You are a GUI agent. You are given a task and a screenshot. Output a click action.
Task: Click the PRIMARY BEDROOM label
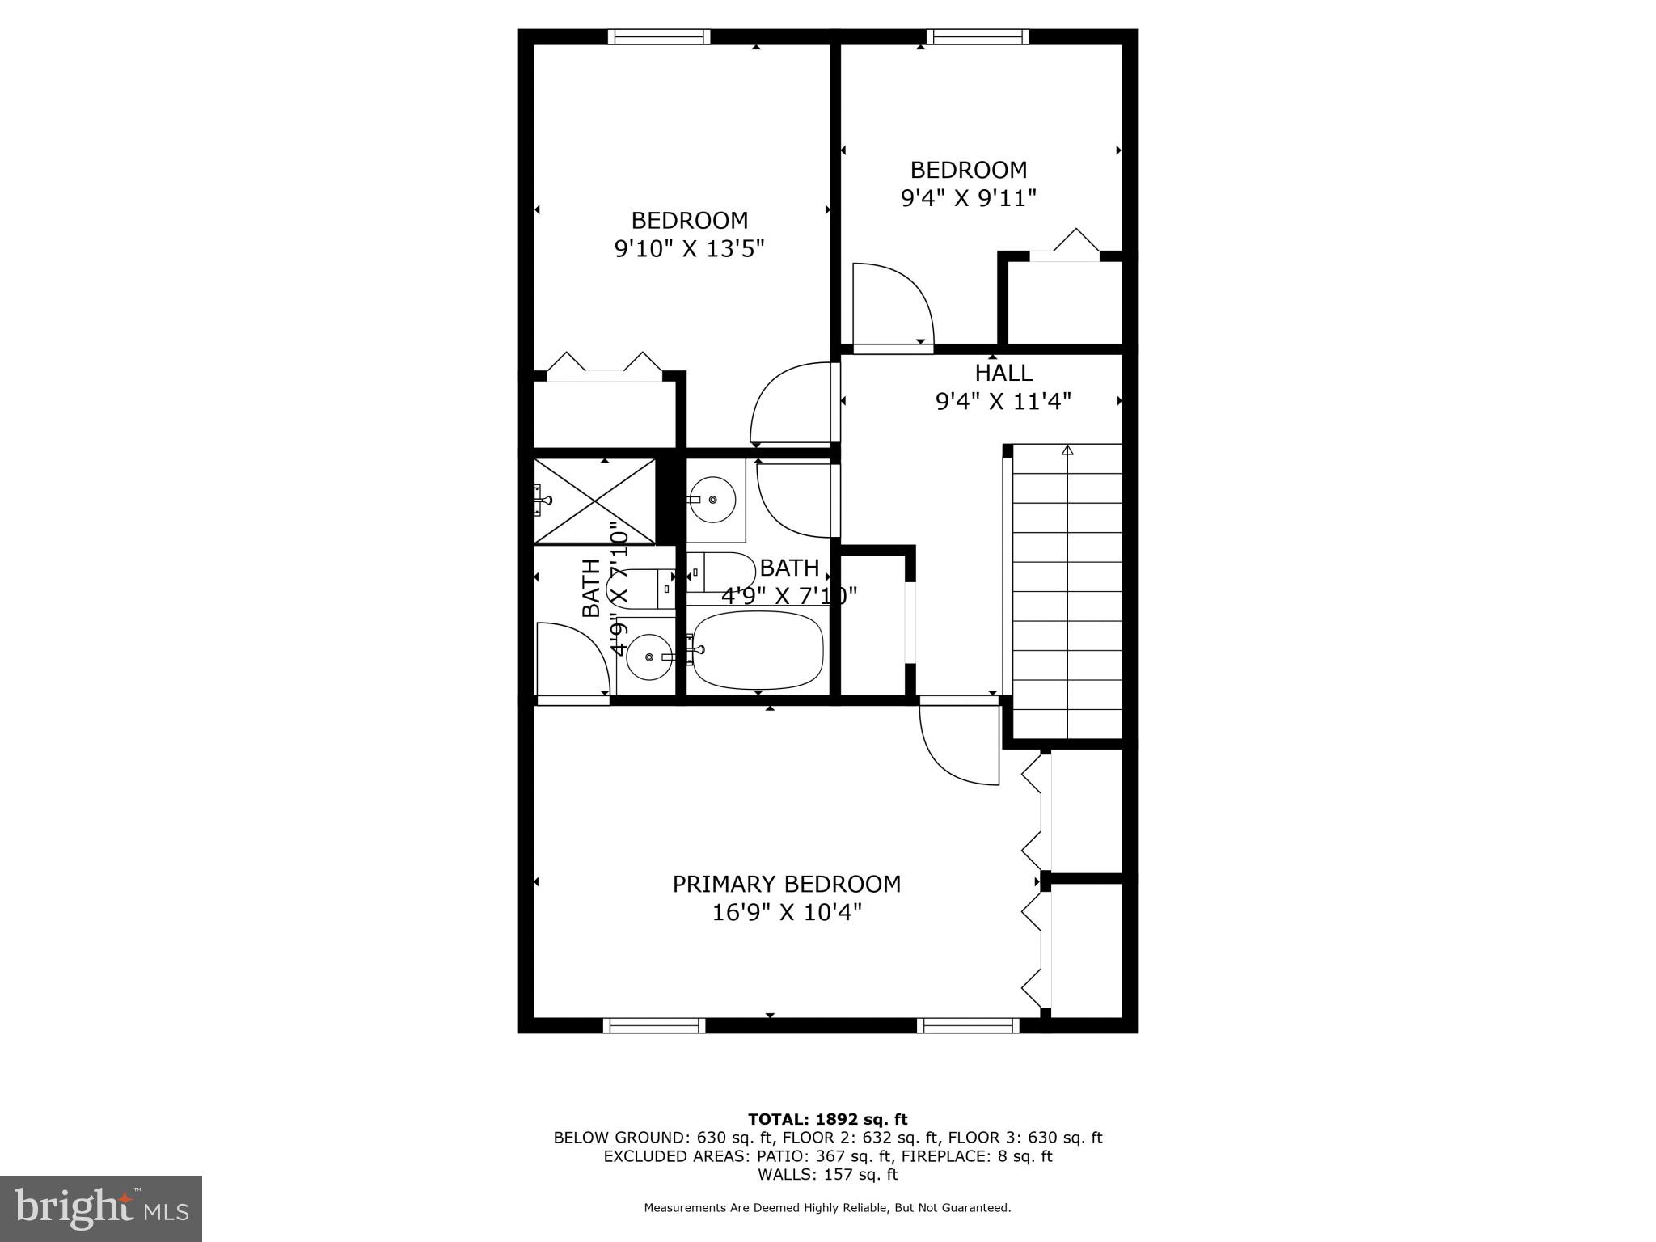(x=786, y=884)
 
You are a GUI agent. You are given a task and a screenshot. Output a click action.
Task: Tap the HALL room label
(x=1003, y=373)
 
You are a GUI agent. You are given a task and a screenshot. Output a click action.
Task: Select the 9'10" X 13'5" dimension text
(x=689, y=248)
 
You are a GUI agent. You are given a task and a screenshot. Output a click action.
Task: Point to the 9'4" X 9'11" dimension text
(x=968, y=198)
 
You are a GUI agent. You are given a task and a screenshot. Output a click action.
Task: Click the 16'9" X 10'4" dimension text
(x=786, y=913)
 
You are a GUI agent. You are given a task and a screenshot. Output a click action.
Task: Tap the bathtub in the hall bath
(x=758, y=650)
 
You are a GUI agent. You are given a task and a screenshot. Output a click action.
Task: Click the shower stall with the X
(x=595, y=501)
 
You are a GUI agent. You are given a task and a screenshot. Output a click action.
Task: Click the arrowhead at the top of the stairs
(x=1067, y=450)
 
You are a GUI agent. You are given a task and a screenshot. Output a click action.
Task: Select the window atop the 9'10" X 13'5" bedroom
(x=659, y=36)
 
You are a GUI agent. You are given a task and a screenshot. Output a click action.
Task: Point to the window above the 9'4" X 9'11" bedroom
(x=978, y=36)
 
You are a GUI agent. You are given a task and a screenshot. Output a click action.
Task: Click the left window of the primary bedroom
(x=654, y=1025)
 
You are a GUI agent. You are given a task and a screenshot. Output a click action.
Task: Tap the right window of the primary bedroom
(x=968, y=1025)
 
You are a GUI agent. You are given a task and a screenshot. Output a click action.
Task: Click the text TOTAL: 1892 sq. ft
(x=827, y=1119)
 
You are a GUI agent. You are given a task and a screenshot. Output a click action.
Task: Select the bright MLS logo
(x=101, y=1208)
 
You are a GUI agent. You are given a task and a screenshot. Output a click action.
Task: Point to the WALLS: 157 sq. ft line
(x=827, y=1175)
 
